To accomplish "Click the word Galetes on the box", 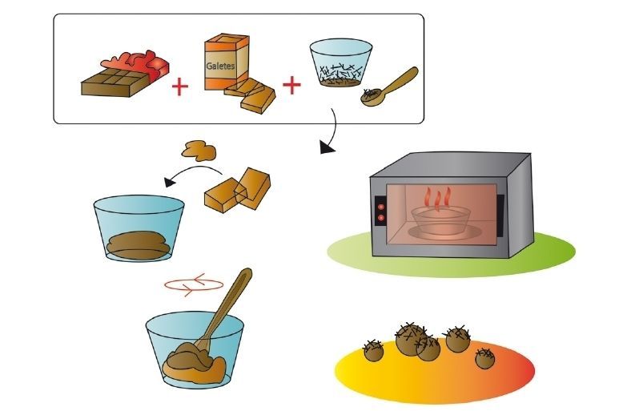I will coord(221,67).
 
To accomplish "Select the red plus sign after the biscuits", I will coord(291,84).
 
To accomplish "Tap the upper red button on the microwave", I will coord(380,205).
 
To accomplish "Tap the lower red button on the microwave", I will coord(380,217).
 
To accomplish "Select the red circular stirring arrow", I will coord(192,283).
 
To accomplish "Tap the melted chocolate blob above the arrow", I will coord(199,149).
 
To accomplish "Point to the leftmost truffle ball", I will coord(372,349).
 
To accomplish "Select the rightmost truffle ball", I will coord(484,358).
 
